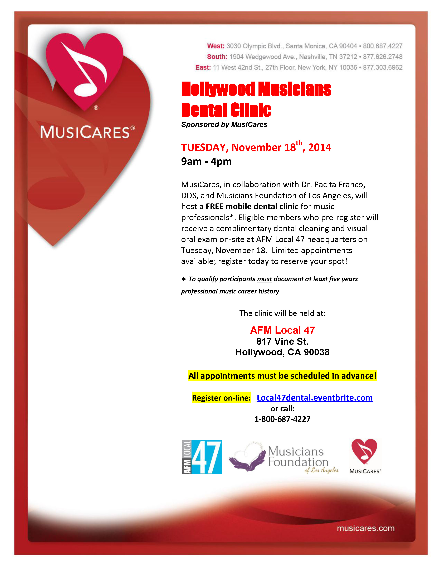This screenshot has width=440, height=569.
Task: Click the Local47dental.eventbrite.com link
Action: [x=315, y=398]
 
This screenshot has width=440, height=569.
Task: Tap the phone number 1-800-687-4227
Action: [x=282, y=419]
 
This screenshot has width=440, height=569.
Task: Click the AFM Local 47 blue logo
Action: [x=202, y=457]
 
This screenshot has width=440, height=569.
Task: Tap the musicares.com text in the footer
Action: [x=365, y=528]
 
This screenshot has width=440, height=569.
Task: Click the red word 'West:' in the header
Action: [x=216, y=46]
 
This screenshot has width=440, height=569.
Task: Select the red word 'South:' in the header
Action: [x=217, y=57]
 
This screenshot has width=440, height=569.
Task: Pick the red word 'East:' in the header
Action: [x=203, y=67]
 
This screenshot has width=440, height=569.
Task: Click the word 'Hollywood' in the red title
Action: [x=218, y=89]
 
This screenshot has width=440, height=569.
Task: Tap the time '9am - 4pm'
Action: [x=206, y=162]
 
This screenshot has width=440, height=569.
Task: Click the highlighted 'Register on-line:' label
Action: [x=221, y=398]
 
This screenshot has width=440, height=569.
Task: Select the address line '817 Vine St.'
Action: [x=282, y=341]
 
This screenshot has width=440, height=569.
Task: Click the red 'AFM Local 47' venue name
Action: [x=282, y=330]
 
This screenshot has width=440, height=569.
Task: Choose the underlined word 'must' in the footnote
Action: [x=264, y=279]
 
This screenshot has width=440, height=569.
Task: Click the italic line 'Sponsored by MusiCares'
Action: [x=224, y=124]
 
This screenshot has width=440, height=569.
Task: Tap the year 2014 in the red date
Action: [x=320, y=147]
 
